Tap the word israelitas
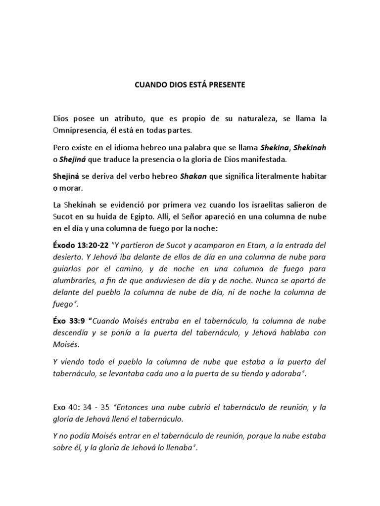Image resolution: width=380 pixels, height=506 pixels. coord(265,204)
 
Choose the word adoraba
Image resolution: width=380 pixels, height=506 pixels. coord(285,374)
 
